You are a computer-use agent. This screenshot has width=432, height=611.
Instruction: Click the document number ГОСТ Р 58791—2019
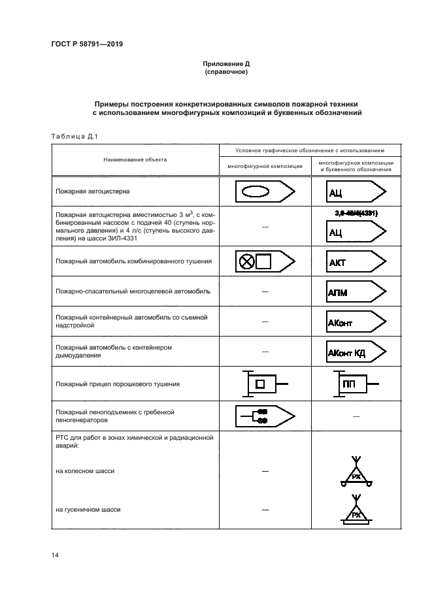(86, 44)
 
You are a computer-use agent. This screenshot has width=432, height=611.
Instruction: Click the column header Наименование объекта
(134, 159)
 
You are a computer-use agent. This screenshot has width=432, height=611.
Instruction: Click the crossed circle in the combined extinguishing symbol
(246, 261)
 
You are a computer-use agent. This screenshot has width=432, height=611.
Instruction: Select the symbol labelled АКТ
(356, 261)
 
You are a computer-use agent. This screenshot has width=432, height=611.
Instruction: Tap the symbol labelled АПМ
(356, 291)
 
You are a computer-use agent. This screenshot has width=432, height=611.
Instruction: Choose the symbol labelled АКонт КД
(356, 353)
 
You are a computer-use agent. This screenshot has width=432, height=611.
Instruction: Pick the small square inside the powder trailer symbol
(260, 384)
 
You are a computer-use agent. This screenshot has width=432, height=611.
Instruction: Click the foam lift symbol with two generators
(264, 416)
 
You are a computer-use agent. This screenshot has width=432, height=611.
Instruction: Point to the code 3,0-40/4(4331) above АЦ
(356, 213)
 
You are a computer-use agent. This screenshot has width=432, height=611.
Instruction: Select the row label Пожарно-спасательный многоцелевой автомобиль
(133, 291)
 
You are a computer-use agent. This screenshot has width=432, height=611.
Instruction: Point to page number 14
(55, 555)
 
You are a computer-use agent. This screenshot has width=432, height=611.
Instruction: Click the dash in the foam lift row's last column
(356, 416)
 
